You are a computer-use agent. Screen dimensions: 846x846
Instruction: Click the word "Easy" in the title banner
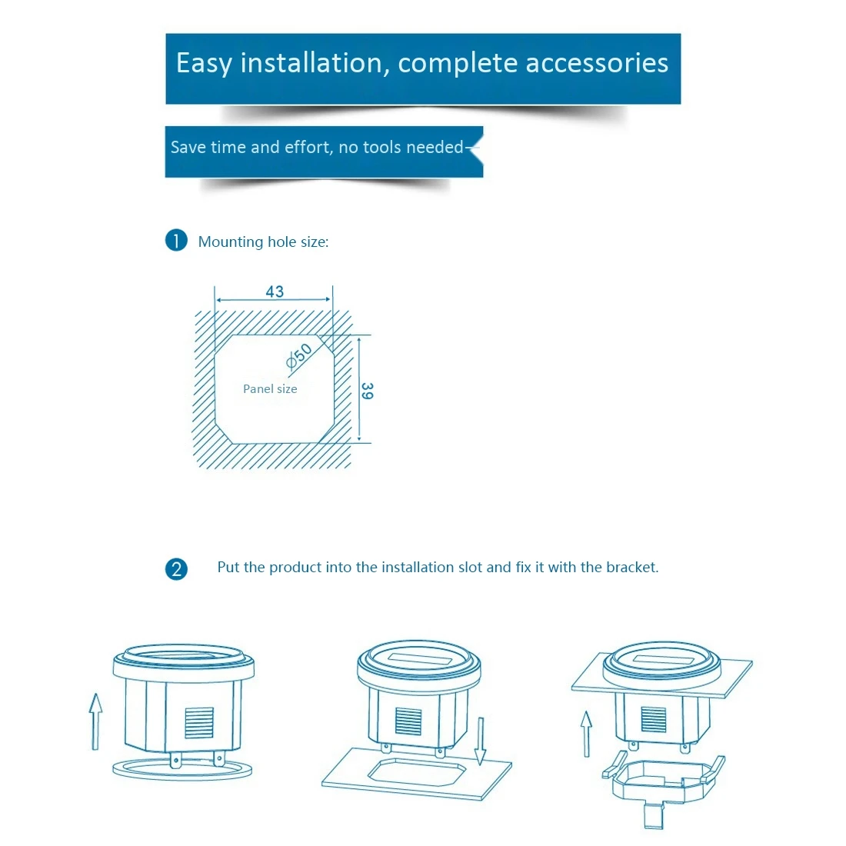pos(203,63)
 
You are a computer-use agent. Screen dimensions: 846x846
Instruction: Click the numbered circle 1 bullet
pos(176,241)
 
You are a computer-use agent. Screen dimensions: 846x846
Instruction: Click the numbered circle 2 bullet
pos(176,569)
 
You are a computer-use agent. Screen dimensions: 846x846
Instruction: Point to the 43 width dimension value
pos(275,291)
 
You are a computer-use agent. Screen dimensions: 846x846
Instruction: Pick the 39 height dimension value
pos(367,391)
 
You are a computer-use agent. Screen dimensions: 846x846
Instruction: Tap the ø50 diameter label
pos(298,356)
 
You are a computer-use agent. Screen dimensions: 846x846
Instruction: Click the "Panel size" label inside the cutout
pos(270,389)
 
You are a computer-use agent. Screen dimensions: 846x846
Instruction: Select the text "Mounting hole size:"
pos(263,241)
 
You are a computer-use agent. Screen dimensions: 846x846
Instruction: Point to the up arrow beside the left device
pos(95,721)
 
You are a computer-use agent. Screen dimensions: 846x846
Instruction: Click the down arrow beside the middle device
pos(480,741)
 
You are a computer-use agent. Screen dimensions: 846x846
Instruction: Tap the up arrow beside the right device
pos(586,733)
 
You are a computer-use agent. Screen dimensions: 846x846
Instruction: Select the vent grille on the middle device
pos(408,721)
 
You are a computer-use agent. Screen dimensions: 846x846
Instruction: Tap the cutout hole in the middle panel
pos(416,771)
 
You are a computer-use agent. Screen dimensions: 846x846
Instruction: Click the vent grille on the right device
pos(654,719)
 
